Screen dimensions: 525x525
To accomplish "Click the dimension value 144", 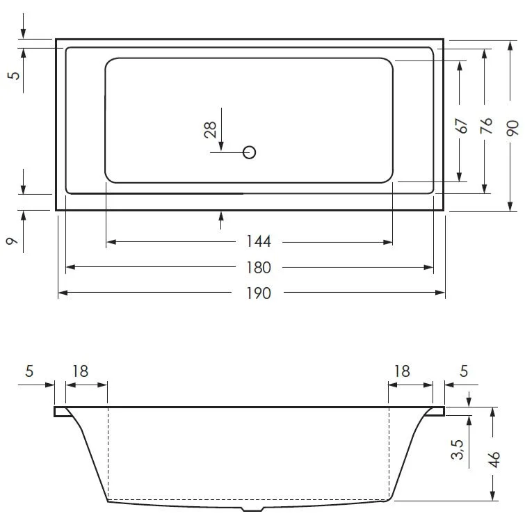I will pos(257,242).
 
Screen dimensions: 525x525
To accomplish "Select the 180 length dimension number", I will pos(257,268).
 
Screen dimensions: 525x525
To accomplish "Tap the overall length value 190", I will pos(257,293).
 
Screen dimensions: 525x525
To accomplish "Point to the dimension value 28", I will pos(211,129).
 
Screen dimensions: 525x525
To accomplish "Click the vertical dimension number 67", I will pos(460,126).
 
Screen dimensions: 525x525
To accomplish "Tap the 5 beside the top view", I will pos(13,74).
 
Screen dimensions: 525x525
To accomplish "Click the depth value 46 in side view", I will pos(494,460).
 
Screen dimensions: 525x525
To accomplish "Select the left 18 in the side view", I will pos(81,371).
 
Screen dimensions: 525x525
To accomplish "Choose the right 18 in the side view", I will pos(402,371).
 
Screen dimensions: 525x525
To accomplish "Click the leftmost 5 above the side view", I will pos(29,371).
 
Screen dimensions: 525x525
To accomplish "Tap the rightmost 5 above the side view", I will pos(463,371).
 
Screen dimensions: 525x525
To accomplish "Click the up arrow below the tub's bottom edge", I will pos(221,218).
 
